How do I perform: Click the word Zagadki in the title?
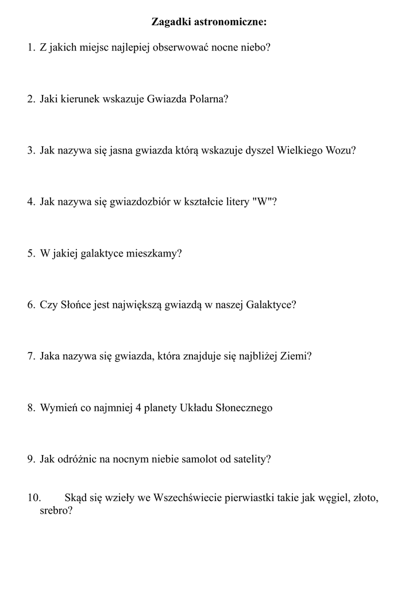coord(171,22)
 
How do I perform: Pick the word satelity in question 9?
coord(252,459)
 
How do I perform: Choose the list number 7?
coord(30,356)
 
